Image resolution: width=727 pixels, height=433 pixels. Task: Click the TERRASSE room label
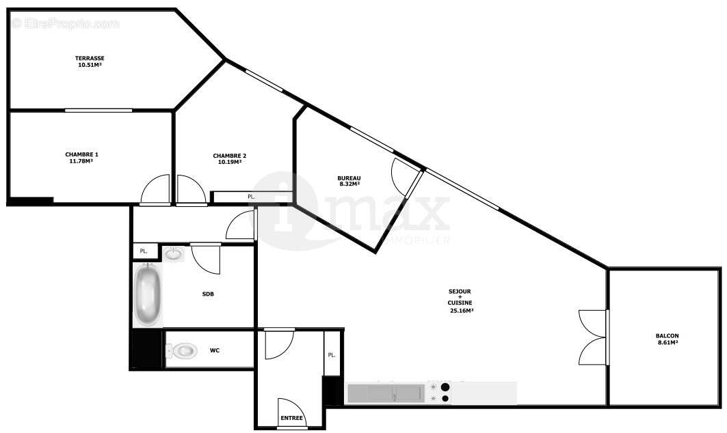90,58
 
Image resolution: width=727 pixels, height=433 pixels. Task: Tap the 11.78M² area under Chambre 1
81,161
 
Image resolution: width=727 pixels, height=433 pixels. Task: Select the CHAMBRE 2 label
229,156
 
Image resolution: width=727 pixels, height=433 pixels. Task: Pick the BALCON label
667,336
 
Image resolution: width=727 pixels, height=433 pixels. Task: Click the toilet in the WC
182,351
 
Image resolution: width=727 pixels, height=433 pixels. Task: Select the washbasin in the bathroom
174,254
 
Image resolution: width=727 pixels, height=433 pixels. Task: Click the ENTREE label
291,418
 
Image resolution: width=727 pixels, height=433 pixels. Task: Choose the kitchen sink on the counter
386,393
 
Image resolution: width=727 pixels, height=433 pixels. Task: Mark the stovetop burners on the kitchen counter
438,393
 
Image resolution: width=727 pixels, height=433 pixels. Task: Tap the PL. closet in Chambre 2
251,197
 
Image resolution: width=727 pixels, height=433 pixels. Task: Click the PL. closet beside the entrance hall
332,354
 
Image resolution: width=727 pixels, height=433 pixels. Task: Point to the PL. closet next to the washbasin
144,251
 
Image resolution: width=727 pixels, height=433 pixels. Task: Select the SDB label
208,294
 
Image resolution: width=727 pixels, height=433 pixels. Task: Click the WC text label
214,351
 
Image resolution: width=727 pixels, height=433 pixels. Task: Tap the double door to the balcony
592,337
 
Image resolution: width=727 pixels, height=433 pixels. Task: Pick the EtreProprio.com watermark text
66,24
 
